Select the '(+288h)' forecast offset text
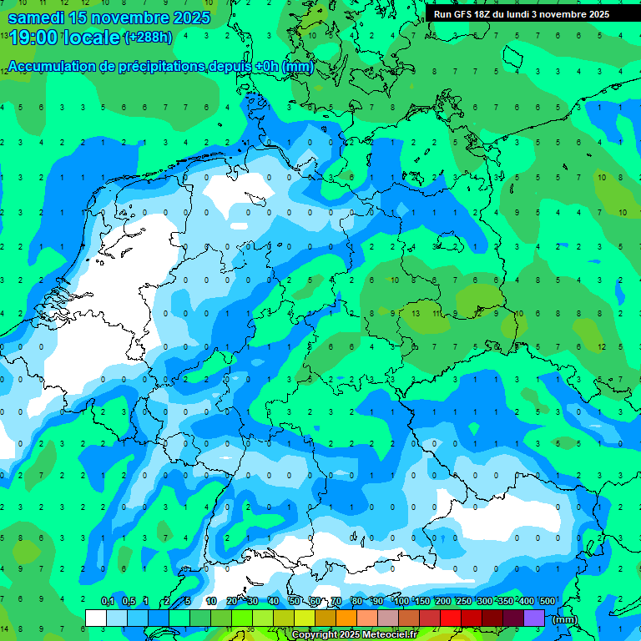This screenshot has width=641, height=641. [x=149, y=38]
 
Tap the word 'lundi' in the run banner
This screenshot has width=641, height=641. [x=520, y=14]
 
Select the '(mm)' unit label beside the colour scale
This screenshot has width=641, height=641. [x=565, y=619]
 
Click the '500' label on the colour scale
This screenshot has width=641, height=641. [x=547, y=602]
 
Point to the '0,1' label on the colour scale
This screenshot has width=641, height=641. [x=108, y=602]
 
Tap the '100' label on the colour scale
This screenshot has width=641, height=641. [x=401, y=602]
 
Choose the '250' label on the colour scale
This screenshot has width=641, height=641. [x=463, y=602]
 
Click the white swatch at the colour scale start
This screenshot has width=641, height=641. [x=96, y=618]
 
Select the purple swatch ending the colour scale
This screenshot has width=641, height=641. [x=534, y=618]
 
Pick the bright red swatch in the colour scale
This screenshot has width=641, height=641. [x=451, y=618]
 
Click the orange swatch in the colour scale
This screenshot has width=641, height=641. [x=346, y=618]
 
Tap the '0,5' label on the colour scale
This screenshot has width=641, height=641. [x=129, y=602]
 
